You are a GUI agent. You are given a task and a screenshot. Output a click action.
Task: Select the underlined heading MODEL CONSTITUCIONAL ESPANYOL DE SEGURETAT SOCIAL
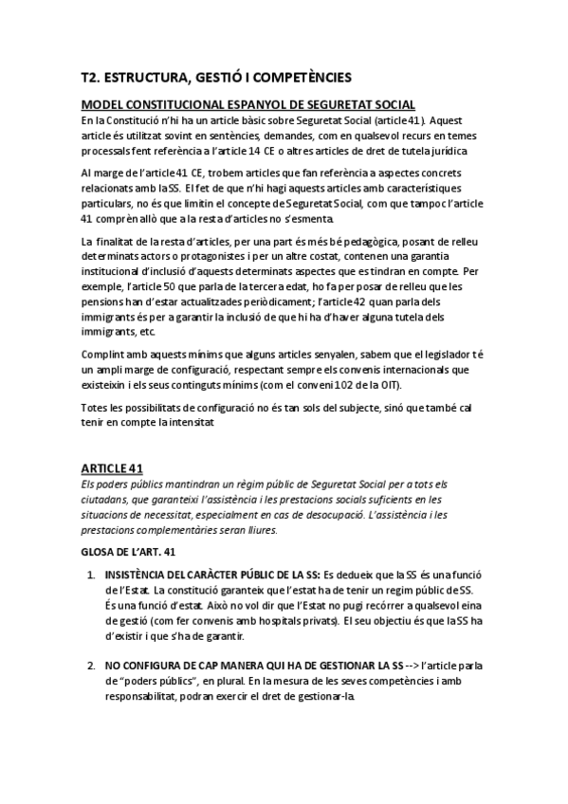pos(248,104)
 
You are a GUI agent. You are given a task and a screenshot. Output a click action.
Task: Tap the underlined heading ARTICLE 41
pos(111,468)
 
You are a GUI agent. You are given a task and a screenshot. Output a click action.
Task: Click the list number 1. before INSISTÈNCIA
pos(91,575)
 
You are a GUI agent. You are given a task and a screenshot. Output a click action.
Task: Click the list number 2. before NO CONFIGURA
pos(91,667)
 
